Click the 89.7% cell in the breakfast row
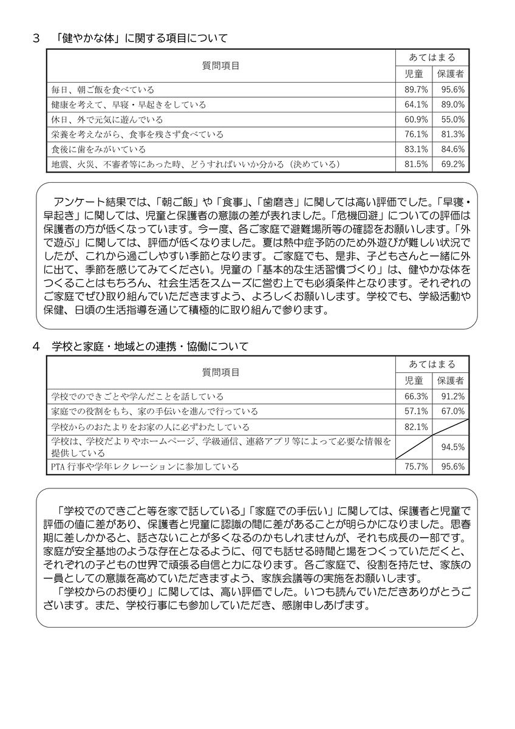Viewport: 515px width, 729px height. click(x=416, y=90)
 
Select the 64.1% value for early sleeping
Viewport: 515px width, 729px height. click(x=416, y=104)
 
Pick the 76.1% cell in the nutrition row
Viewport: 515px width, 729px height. click(x=416, y=134)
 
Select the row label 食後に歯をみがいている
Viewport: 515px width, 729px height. click(x=98, y=149)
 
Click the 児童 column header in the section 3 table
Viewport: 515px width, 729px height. click(x=416, y=74)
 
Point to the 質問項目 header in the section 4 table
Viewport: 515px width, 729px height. click(x=220, y=372)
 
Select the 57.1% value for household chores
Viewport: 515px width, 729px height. click(x=416, y=411)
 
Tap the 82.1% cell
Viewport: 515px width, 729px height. click(x=416, y=426)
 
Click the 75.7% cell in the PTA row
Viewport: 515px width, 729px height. click(x=416, y=467)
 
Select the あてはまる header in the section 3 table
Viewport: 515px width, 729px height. click(x=432, y=58)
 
